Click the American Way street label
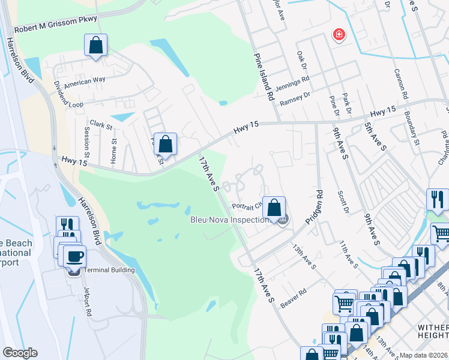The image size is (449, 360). pyautogui.click(x=85, y=81)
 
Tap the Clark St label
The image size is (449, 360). pyautogui.click(x=101, y=125)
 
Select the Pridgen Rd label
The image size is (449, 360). pyautogui.click(x=314, y=207)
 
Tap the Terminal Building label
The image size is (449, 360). pyautogui.click(x=109, y=270)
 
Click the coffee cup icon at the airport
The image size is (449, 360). pyautogui.click(x=74, y=257)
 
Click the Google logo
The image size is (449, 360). pyautogui.click(x=20, y=353)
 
